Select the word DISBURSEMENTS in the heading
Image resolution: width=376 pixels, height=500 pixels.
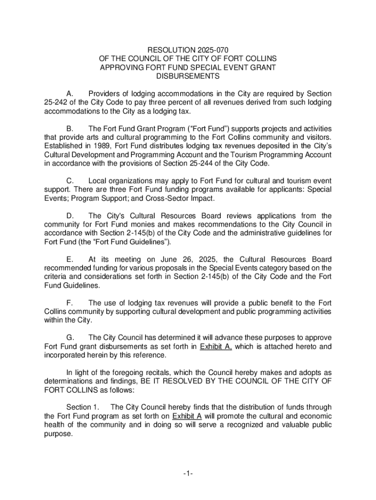(188, 77)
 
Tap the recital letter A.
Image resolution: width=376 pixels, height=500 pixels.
(69, 93)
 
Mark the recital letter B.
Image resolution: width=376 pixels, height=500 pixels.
(69, 128)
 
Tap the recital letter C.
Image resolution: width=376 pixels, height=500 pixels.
(69, 181)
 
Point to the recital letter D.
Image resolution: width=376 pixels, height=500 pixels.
(69, 216)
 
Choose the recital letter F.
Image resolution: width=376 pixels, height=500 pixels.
(69, 303)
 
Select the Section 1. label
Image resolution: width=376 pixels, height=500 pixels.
(83, 407)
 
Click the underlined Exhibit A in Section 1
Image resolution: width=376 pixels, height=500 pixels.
(188, 416)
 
